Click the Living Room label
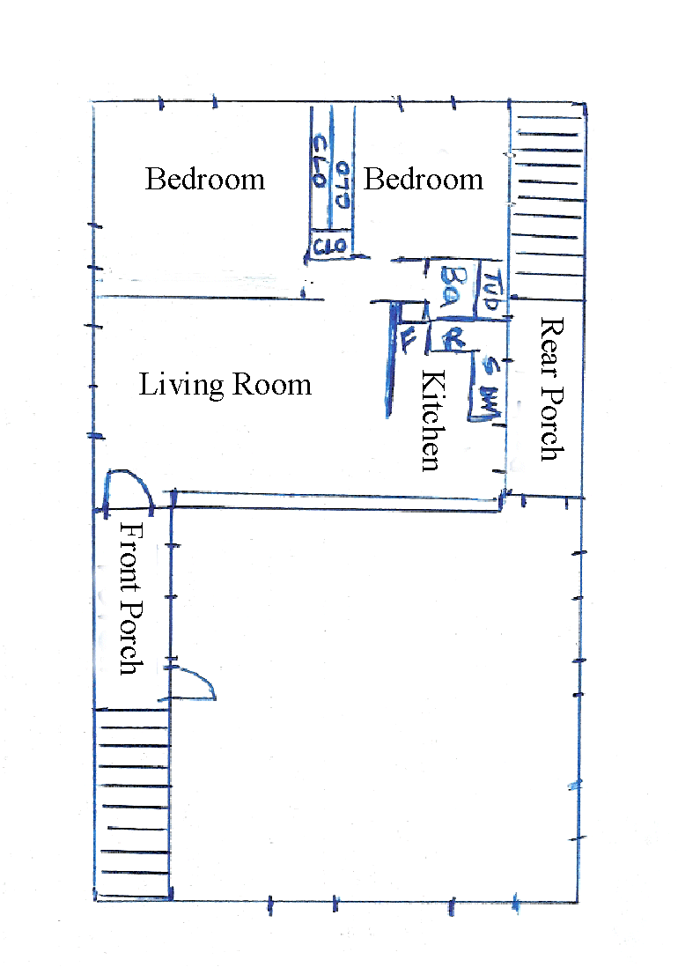[225, 385]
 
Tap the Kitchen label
[431, 421]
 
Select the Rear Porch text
[549, 388]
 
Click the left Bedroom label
[204, 180]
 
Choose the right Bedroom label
[423, 180]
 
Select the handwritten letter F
[408, 339]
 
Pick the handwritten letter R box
[453, 338]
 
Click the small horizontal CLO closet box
[331, 246]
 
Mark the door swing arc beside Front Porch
[195, 683]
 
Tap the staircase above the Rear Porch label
[547, 203]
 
